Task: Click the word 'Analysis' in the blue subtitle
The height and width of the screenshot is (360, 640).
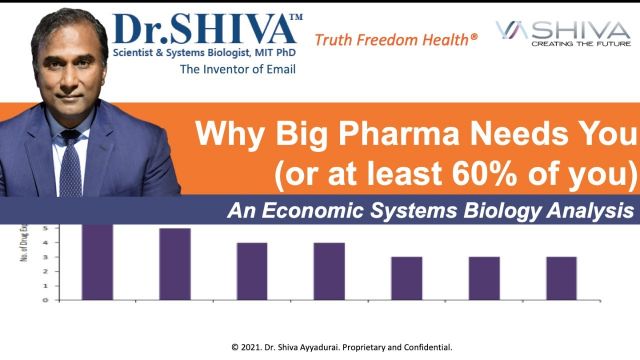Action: [x=591, y=211]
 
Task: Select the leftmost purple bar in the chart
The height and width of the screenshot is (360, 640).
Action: [x=97, y=261]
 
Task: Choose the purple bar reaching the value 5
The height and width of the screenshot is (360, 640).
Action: [x=175, y=264]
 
